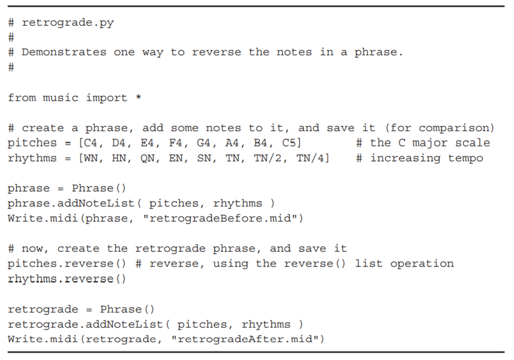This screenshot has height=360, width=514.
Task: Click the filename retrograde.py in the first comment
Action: pyautogui.click(x=68, y=22)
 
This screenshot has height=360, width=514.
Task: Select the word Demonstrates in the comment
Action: pyautogui.click(x=64, y=52)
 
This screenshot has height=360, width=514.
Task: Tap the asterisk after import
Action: pyautogui.click(x=138, y=97)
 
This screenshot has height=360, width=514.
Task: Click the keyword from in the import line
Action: pyautogui.click(x=22, y=98)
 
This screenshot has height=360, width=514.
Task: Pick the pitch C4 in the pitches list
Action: pyautogui.click(x=90, y=142)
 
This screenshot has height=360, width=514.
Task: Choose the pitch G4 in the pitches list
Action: pyautogui.click(x=204, y=142)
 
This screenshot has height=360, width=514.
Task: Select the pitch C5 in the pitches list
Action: pyautogui.click(x=289, y=142)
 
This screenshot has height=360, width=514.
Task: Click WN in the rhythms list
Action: pyautogui.click(x=91, y=158)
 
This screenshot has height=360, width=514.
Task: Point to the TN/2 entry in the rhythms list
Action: pyautogui.click(x=268, y=158)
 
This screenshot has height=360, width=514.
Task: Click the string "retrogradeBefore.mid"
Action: pyautogui.click(x=220, y=218)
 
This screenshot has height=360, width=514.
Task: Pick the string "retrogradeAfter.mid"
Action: pyautogui.click(x=245, y=339)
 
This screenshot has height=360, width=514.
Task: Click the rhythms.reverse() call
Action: pyautogui.click(x=67, y=279)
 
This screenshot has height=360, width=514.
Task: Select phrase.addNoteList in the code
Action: pyautogui.click(x=71, y=203)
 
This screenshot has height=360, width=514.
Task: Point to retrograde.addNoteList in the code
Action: pyautogui.click(x=86, y=324)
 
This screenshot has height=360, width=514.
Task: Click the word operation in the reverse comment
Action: pyautogui.click(x=422, y=264)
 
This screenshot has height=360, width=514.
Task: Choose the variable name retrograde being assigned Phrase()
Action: pyautogui.click(x=43, y=309)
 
